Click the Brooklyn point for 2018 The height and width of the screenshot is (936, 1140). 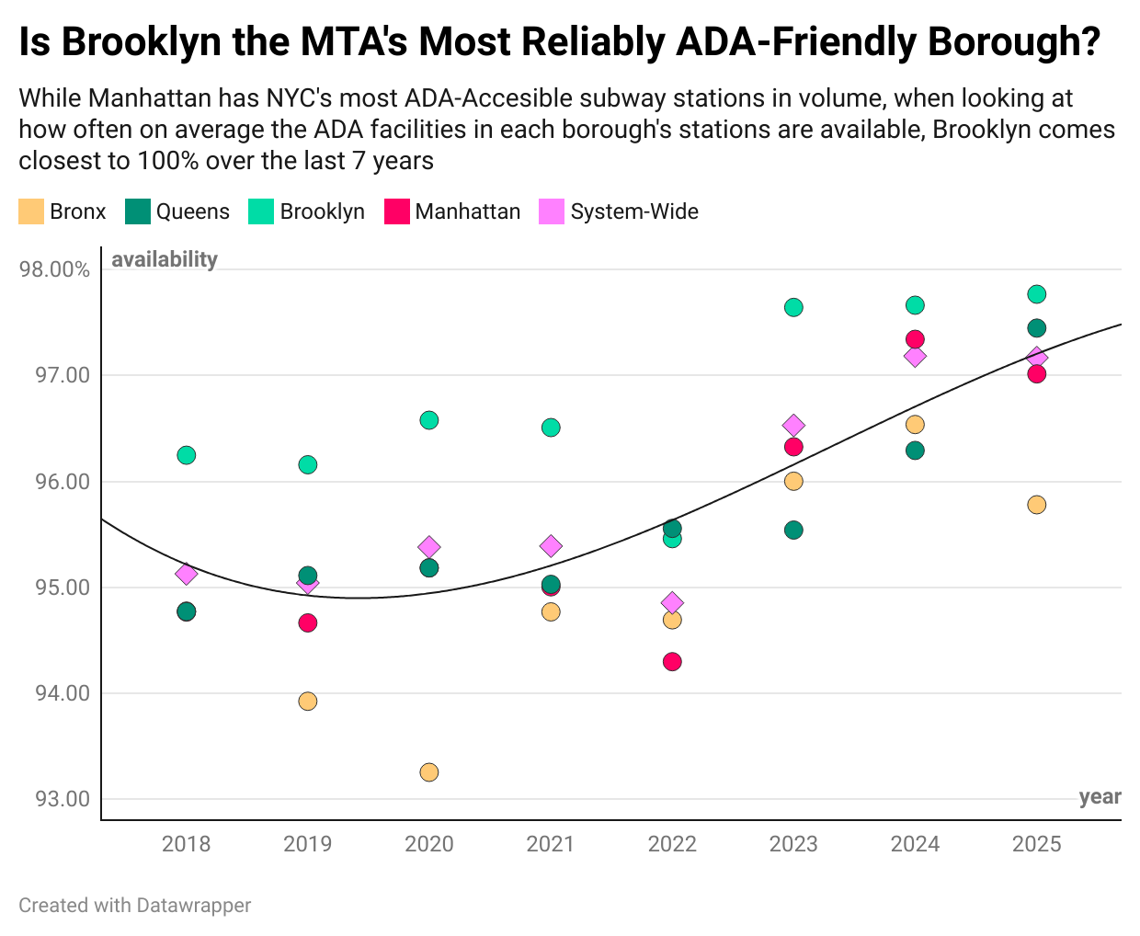(187, 455)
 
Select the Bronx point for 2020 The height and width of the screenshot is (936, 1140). (429, 772)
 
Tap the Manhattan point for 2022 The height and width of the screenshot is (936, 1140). (672, 662)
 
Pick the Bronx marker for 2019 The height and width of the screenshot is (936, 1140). (308, 702)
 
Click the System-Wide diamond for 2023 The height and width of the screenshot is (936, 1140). (793, 426)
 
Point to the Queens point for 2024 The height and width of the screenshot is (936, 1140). (915, 451)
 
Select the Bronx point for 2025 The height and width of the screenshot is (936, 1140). (1037, 505)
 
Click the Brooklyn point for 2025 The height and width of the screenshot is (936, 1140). (1037, 294)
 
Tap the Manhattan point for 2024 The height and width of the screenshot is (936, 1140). (915, 339)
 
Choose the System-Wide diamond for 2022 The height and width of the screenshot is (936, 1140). (672, 603)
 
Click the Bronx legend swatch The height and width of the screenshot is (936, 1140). (31, 211)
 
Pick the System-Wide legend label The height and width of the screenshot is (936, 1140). (634, 211)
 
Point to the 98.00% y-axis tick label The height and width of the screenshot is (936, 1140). (55, 269)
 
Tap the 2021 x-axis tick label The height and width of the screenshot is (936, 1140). (551, 844)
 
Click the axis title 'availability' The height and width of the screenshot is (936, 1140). (165, 259)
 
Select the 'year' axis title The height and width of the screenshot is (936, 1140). (1100, 796)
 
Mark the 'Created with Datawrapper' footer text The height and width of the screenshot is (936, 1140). (134, 906)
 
